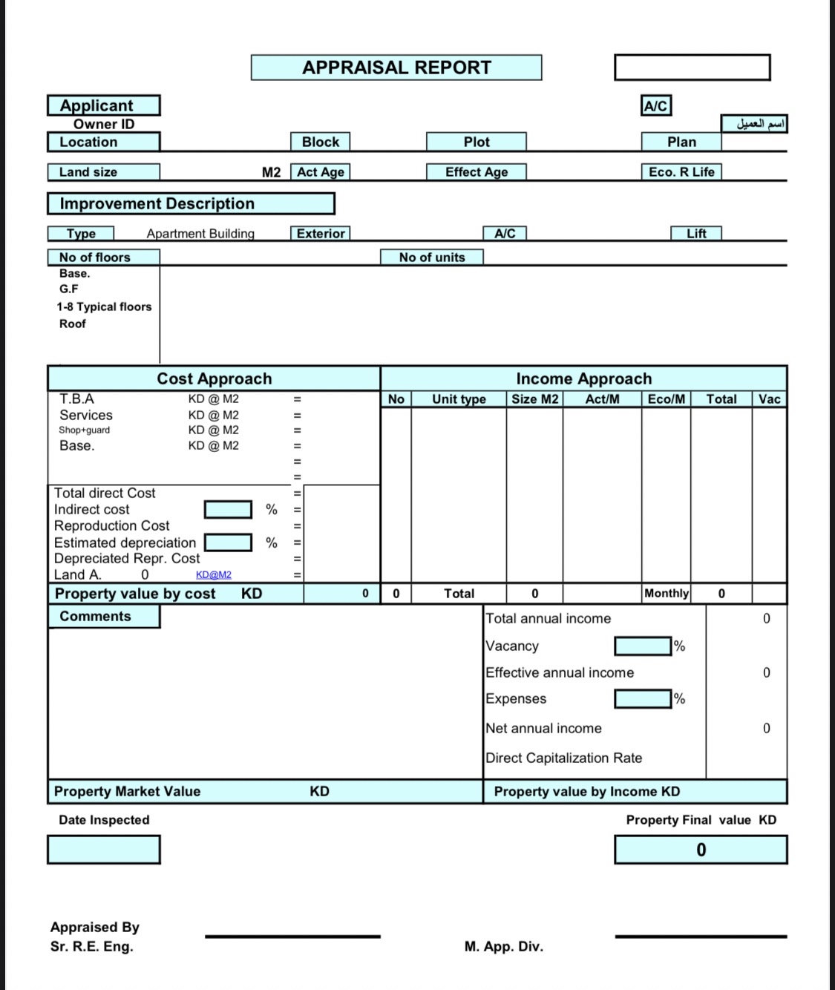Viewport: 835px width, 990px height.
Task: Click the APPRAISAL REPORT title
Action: [x=396, y=68]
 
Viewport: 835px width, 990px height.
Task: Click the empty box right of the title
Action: [x=692, y=68]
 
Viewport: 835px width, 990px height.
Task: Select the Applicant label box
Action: [x=103, y=105]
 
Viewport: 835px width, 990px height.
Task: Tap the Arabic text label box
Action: [x=753, y=124]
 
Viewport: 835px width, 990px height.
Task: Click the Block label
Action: [x=320, y=142]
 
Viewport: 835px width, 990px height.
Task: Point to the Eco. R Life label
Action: [x=681, y=172]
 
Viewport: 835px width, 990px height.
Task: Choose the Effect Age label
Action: [x=476, y=172]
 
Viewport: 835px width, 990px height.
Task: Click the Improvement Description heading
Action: [x=191, y=203]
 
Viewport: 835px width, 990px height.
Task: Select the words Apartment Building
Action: [x=200, y=234]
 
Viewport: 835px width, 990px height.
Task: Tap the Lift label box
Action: [x=695, y=234]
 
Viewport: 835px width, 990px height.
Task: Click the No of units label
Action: [x=431, y=258]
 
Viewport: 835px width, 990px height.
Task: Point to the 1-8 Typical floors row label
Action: [x=104, y=306]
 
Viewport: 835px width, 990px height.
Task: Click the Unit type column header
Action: [x=459, y=399]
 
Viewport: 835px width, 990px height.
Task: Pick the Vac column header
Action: [x=769, y=399]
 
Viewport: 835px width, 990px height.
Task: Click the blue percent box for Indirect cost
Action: [x=228, y=510]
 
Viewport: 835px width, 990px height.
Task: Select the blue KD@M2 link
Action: [x=214, y=575]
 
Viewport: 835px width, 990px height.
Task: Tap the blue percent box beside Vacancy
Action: [x=643, y=646]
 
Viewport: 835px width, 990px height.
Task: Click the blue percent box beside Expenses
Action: [x=643, y=698]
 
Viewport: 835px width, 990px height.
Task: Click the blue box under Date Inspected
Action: [x=103, y=849]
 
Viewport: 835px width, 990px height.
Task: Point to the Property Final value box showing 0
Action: [x=700, y=850]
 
